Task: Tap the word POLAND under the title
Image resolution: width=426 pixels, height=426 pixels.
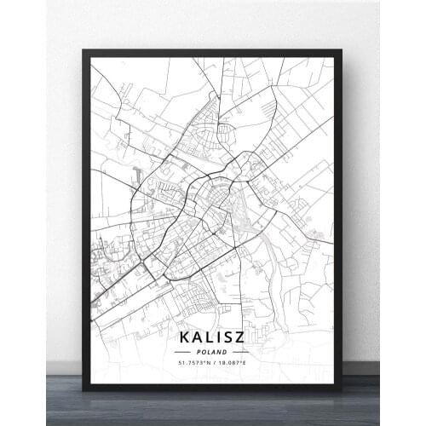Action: [x=212, y=351]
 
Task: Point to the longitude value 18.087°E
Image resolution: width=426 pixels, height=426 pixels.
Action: [x=232, y=363]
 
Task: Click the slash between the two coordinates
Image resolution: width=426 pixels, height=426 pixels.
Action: [x=213, y=363]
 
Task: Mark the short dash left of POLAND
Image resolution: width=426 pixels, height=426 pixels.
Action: [x=186, y=351]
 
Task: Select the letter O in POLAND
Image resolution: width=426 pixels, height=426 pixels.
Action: [x=204, y=351]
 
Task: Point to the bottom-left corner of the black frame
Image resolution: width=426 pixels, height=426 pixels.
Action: [x=83, y=390]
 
